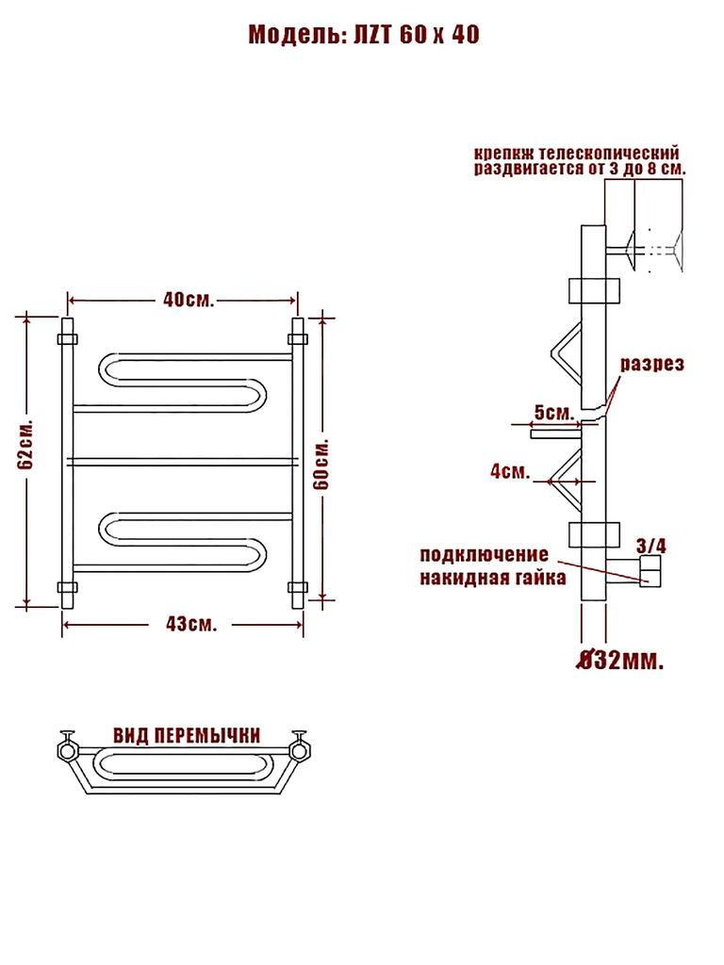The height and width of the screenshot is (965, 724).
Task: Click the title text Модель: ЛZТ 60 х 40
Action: tap(364, 36)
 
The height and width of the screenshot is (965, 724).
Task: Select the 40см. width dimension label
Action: tap(189, 300)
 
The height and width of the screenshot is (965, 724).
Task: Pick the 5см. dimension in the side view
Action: tap(552, 413)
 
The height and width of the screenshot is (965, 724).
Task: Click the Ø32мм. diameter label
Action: tap(618, 660)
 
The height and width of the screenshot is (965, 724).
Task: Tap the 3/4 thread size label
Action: tap(651, 545)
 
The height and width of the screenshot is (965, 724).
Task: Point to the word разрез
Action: tap(651, 365)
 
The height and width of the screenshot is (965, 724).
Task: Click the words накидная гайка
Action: tap(492, 578)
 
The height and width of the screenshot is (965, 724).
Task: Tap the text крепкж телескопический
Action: tap(577, 153)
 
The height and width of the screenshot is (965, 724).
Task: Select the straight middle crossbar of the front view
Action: tap(184, 462)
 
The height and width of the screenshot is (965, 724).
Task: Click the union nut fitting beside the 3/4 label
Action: tap(651, 570)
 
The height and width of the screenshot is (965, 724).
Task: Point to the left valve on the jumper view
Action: tap(69, 748)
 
